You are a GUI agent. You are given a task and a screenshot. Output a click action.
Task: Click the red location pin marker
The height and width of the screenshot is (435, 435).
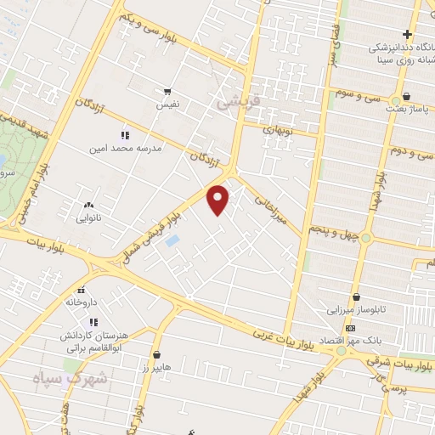pos(218,200)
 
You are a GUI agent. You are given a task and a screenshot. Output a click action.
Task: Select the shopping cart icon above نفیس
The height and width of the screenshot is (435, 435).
pos(167,92)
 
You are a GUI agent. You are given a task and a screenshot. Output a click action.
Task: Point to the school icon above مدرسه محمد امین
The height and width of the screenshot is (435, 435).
pos(125,135)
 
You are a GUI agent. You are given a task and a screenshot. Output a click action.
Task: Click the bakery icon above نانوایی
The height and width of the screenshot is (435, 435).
pos(89,205)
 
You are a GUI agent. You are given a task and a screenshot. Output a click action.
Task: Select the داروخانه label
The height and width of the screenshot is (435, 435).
pos(82,302)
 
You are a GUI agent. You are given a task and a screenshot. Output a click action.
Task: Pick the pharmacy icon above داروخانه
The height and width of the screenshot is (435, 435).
pos(82,290)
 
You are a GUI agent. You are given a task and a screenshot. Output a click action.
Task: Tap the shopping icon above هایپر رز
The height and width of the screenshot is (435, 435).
pos(156,353)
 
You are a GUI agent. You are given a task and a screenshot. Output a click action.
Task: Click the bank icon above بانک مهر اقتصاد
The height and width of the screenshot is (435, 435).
pos(350,329)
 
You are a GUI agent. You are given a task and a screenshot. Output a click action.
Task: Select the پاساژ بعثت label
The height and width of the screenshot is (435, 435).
pos(410,109)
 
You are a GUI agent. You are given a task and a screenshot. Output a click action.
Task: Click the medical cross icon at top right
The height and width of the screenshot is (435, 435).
pos(408,35)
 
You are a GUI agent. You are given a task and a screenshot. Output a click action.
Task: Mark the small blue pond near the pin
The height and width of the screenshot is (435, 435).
pos(172,240)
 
